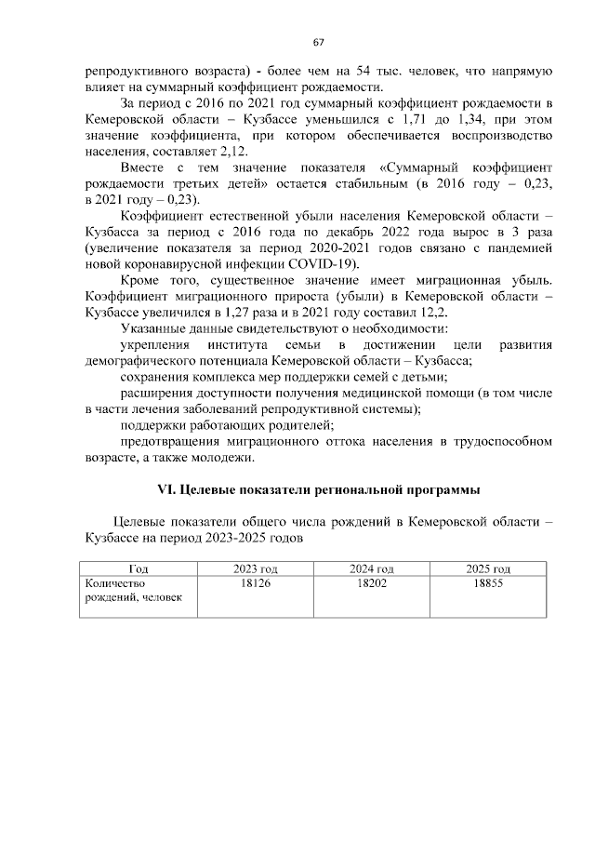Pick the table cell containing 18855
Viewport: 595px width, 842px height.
click(488, 582)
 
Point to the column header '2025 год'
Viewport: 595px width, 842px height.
click(488, 568)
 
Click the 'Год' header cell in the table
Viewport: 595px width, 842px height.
click(138, 568)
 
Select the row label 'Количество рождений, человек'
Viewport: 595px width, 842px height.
click(131, 590)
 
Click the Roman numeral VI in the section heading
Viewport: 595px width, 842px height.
click(161, 488)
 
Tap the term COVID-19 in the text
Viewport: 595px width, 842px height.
click(329, 262)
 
